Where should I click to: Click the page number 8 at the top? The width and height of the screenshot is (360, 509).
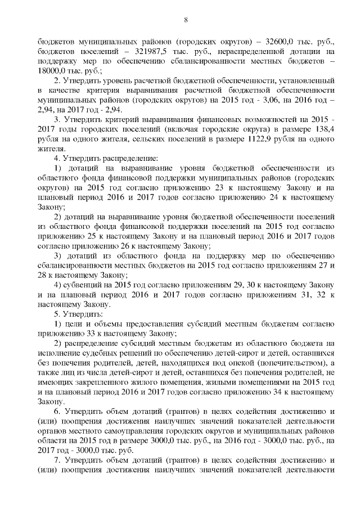186,21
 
